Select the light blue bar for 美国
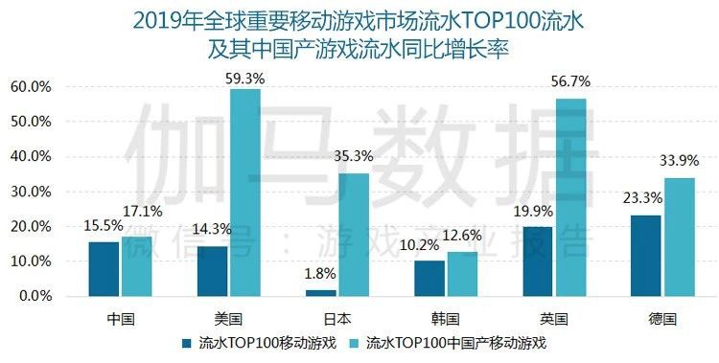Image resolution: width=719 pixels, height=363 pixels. point(245,192)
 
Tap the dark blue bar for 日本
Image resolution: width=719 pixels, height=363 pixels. point(321,292)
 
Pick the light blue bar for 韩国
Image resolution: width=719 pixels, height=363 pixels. point(462,273)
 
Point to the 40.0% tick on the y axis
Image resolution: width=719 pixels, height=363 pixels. point(32,157)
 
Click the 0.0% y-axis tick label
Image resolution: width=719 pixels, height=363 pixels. point(35,297)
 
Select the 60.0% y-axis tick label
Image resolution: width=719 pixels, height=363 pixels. point(32,87)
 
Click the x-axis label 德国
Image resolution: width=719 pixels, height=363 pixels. point(663,317)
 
